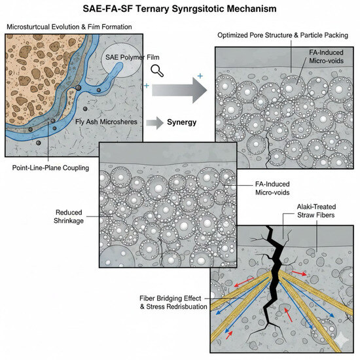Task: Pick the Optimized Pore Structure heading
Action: pos(287,34)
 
